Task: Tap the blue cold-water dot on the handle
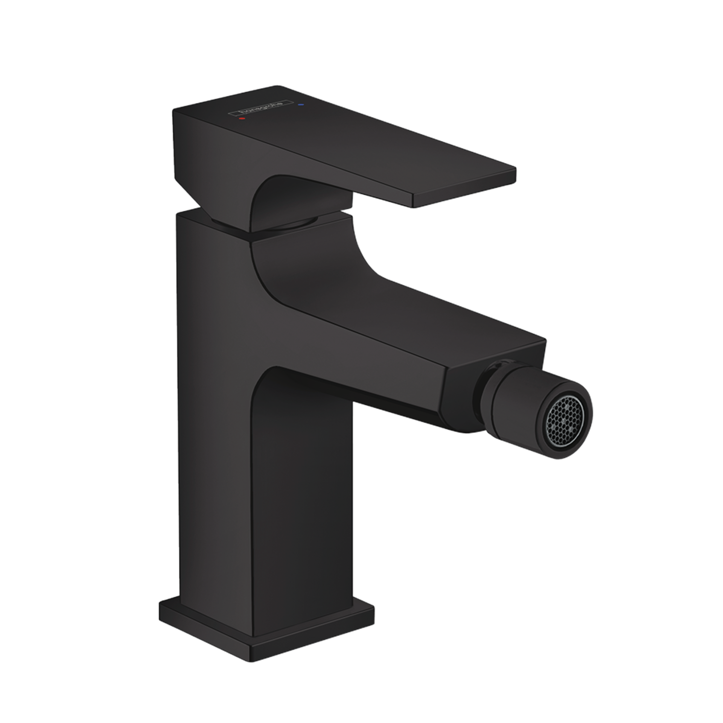tap(301, 104)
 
